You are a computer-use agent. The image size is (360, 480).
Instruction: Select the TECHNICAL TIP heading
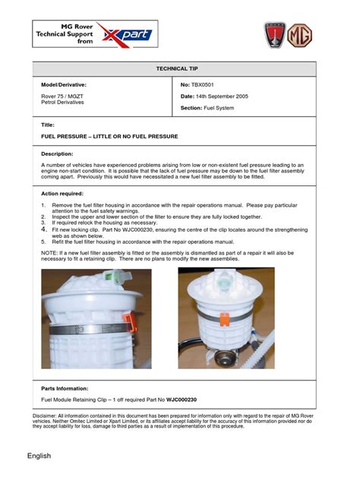pyautogui.click(x=179, y=68)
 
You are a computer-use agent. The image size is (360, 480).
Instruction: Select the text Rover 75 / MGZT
pyautogui.click(x=63, y=97)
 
